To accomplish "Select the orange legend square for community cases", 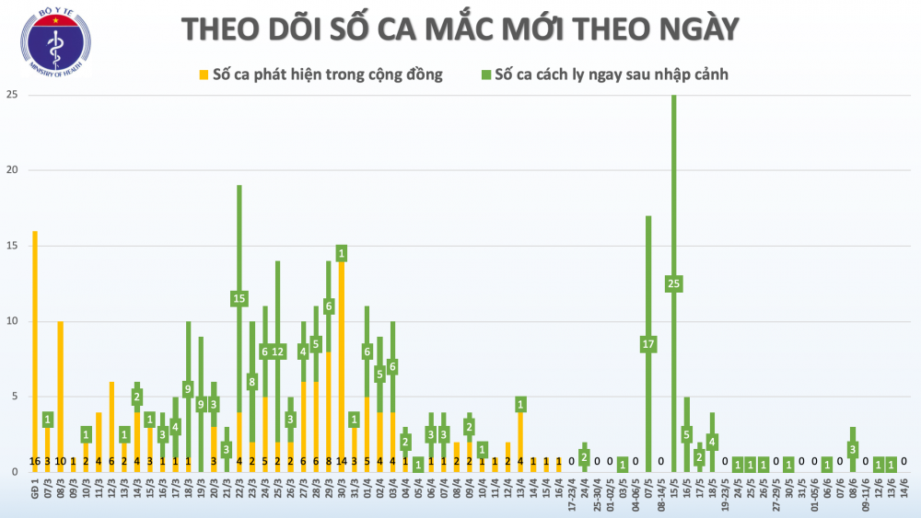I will pyautogui.click(x=204, y=74).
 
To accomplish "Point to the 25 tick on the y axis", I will pyautogui.click(x=12, y=95).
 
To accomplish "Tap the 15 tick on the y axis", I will pyautogui.click(x=12, y=246).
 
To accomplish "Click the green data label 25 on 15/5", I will pyautogui.click(x=673, y=284).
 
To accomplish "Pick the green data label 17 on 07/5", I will pyautogui.click(x=648, y=344).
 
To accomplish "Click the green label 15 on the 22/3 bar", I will pyautogui.click(x=239, y=298).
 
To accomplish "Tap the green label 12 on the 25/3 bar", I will pyautogui.click(x=277, y=351).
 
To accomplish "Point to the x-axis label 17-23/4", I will pyautogui.click(x=570, y=493).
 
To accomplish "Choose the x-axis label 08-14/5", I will pyautogui.click(x=659, y=493).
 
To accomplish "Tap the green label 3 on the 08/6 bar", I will pyautogui.click(x=853, y=449).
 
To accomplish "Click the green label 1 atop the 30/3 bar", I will pyautogui.click(x=342, y=253).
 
